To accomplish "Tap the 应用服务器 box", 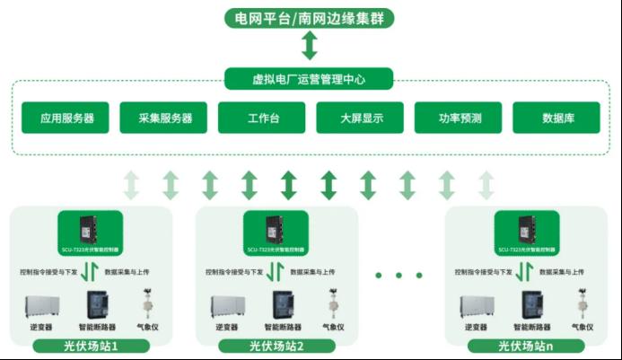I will pos(67,118).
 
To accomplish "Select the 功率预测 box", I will pos(460,118).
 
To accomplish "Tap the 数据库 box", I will pos(557,118).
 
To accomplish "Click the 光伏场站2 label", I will pos(276,346).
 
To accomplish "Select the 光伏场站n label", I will pos(526,346).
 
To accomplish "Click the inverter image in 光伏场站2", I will pos(226,305).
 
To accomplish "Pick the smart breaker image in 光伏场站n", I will pos(527,305).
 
